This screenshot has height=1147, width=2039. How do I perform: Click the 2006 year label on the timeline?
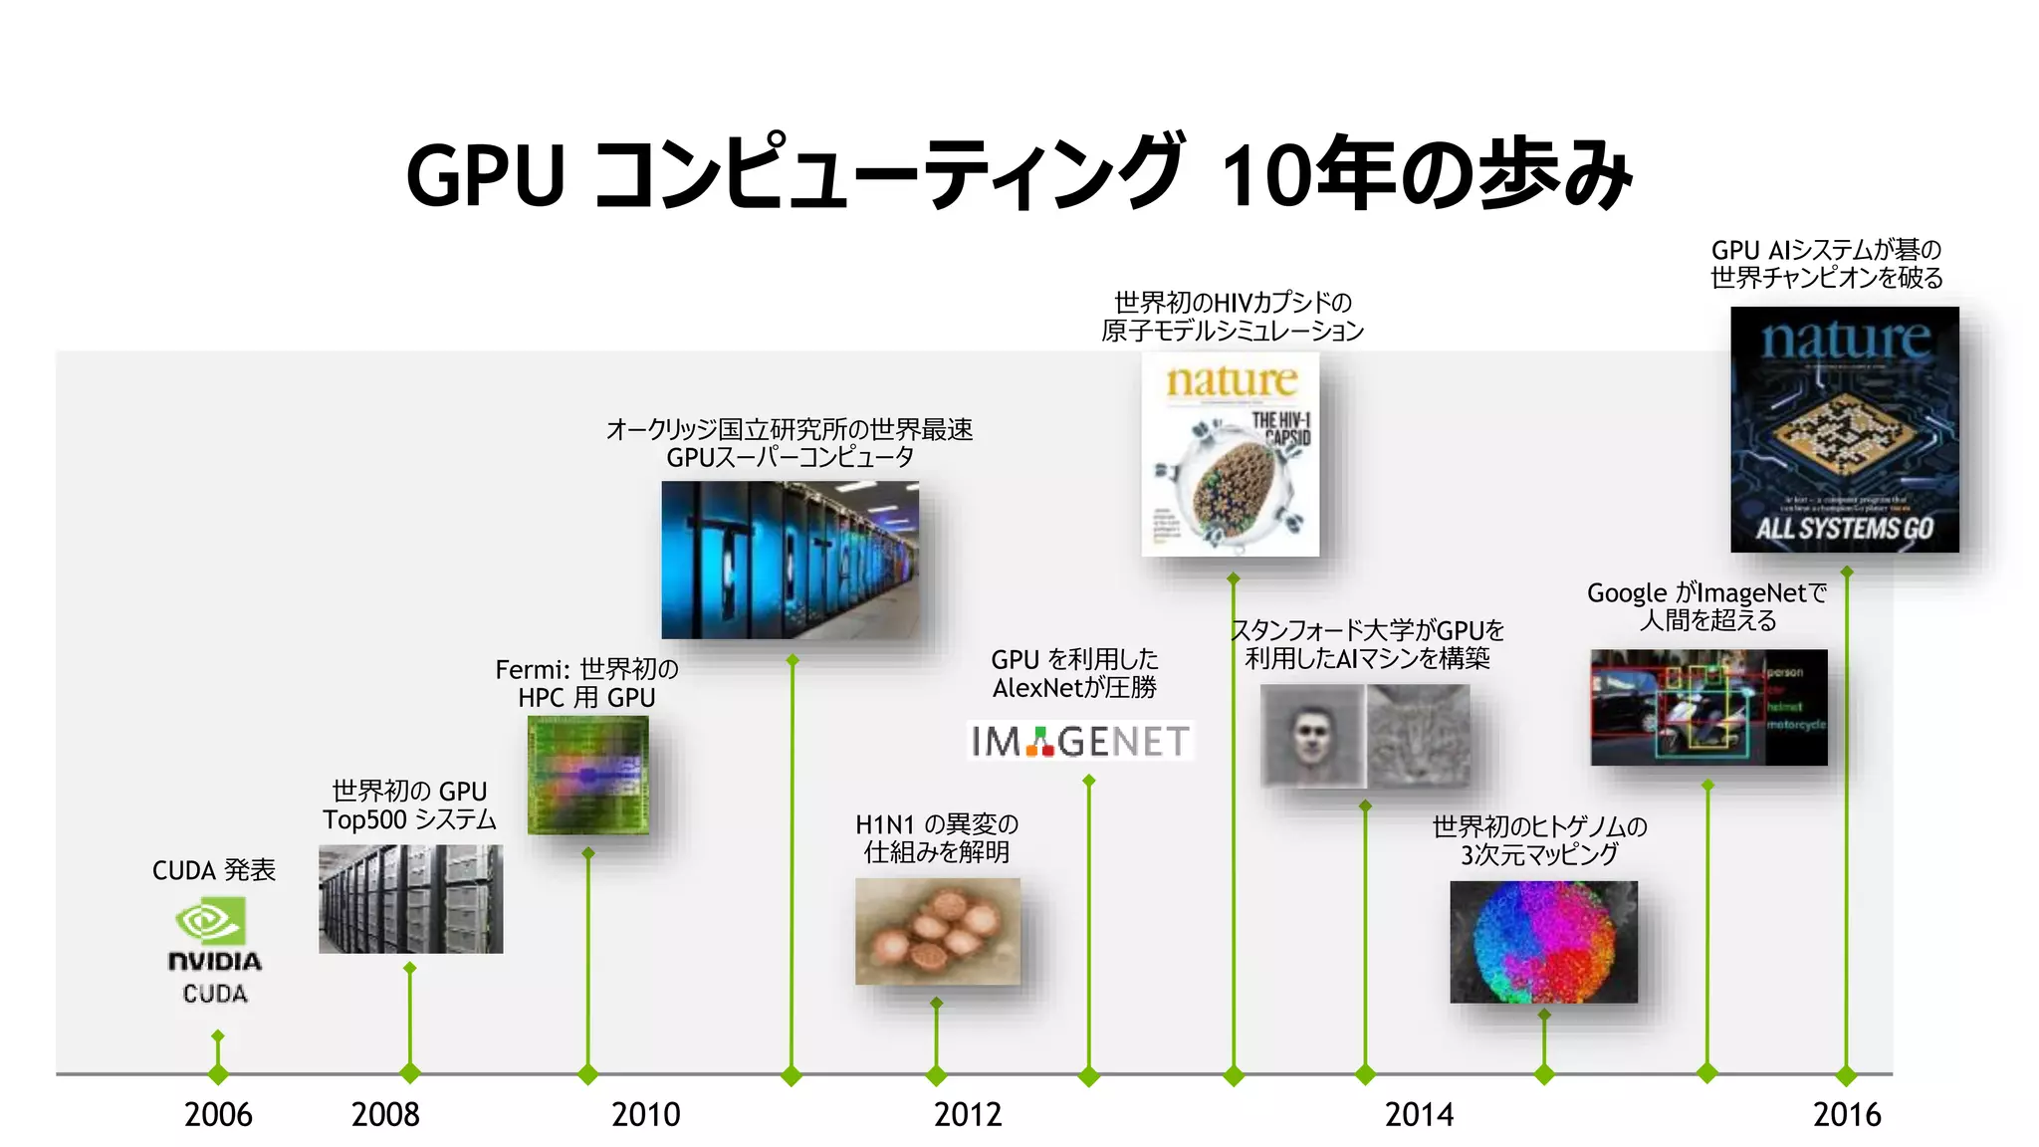[x=218, y=1114]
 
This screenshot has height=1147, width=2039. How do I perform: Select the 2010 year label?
[x=645, y=1114]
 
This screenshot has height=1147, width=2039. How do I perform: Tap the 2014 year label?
[x=1419, y=1114]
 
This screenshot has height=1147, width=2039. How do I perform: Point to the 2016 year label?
[x=1847, y=1114]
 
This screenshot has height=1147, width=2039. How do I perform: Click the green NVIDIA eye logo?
[x=211, y=921]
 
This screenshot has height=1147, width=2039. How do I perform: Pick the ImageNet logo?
[x=1080, y=741]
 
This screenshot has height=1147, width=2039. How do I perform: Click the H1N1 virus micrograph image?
[x=938, y=931]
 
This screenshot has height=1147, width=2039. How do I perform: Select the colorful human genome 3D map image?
[x=1543, y=942]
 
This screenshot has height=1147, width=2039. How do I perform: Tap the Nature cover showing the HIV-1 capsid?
[x=1231, y=454]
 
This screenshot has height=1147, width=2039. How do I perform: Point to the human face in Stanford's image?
[x=1311, y=737]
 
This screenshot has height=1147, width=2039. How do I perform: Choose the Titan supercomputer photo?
[x=791, y=560]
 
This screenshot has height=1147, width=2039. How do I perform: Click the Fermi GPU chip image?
[x=587, y=775]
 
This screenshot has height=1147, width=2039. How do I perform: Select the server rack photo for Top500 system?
[x=410, y=899]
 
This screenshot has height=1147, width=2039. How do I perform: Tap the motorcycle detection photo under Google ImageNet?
[x=1708, y=708]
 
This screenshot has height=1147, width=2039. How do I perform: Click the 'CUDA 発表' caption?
[x=214, y=870]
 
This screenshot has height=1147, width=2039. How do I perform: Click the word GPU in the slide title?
[x=485, y=176]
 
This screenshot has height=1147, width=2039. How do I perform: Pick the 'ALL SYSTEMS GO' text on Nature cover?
[x=1844, y=528]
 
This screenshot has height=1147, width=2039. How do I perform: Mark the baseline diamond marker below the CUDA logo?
[x=218, y=1074]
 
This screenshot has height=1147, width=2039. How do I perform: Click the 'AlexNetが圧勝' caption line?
[x=1074, y=687]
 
